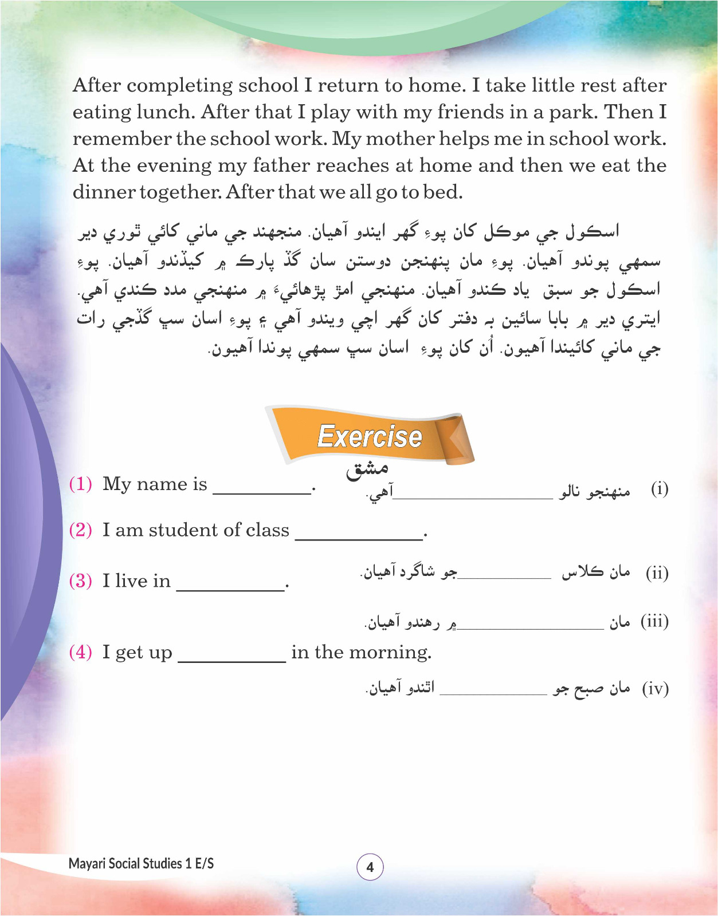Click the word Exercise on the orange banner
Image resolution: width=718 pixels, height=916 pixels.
point(370,436)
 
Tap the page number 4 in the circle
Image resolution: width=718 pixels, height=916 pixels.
point(370,867)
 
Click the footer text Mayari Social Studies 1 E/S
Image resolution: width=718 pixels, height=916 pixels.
point(141,863)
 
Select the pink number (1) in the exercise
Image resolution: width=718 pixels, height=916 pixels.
point(80,484)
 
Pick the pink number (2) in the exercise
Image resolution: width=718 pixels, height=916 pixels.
point(80,530)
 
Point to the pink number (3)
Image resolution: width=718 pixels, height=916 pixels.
point(80,581)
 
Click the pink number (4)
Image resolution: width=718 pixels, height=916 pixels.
point(80,652)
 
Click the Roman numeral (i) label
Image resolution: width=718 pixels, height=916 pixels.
point(660,489)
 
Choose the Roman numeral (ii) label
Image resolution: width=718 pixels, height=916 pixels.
point(657,573)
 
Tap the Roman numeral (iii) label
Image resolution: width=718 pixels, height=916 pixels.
point(654,622)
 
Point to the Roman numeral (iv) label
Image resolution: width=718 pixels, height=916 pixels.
point(655,688)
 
